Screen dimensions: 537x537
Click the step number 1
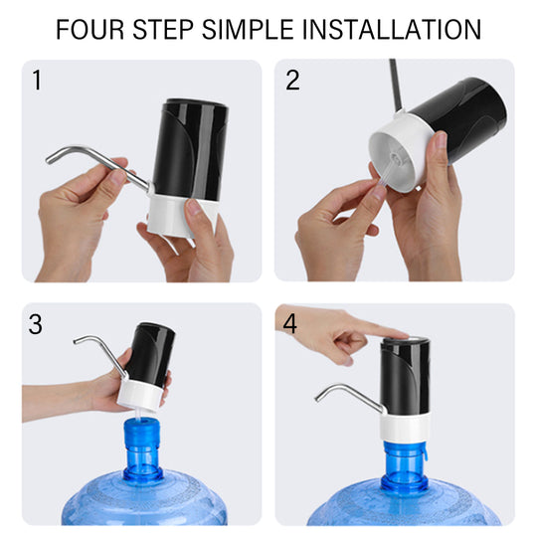point(38,81)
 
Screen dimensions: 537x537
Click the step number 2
point(292,81)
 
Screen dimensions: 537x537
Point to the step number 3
point(37,324)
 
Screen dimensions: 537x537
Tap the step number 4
point(290,324)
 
